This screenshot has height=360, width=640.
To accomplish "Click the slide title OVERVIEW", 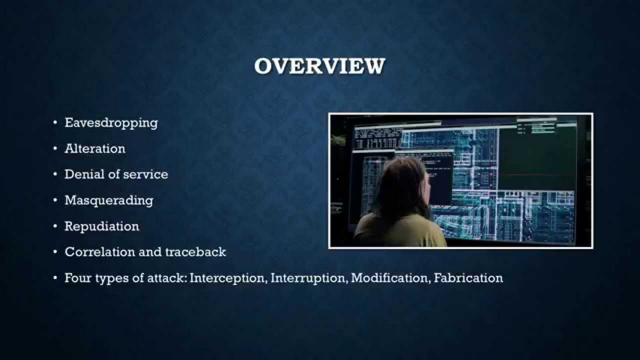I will click(x=319, y=66).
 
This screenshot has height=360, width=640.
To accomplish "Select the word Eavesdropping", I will click(x=111, y=123).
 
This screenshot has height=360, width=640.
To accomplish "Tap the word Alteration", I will click(x=95, y=149).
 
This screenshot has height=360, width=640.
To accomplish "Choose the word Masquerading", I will click(x=109, y=200).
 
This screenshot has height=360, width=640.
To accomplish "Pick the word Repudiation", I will click(x=101, y=226).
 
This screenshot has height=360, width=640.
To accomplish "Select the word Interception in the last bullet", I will click(x=227, y=278).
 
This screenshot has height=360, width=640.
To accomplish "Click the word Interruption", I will click(x=308, y=278).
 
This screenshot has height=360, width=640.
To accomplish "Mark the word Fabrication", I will click(x=468, y=278).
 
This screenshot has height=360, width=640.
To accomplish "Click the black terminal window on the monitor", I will click(x=435, y=170).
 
